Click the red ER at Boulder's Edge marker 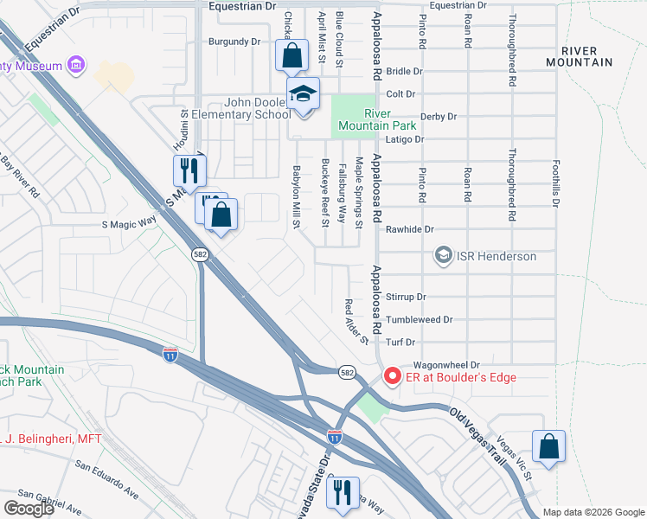(392, 376)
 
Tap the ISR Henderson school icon (444, 256)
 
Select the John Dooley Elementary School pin (304, 95)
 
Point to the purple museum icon (75, 65)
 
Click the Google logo (29, 509)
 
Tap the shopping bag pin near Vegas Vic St (548, 447)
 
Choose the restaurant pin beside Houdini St (189, 170)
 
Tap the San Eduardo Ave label (106, 479)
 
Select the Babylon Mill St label (296, 196)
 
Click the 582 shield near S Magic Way (198, 253)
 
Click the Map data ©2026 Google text (593, 512)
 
